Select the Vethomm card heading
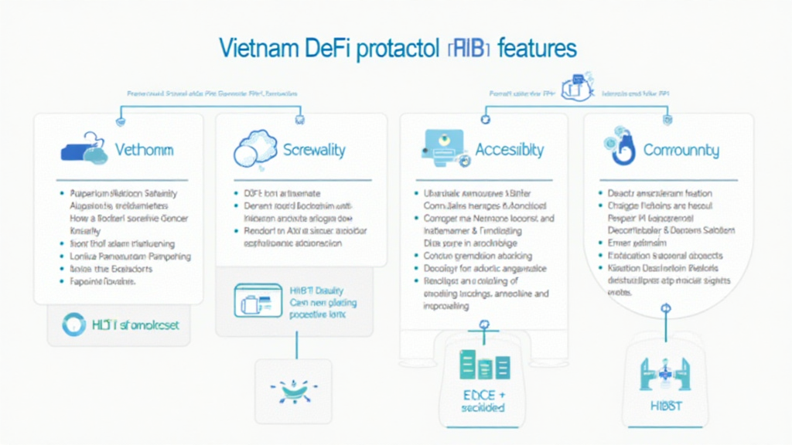[x=144, y=149]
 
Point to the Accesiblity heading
[x=509, y=149]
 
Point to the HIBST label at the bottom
[x=664, y=406]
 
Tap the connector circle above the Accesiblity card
[x=486, y=119]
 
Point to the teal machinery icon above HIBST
[x=665, y=372]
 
